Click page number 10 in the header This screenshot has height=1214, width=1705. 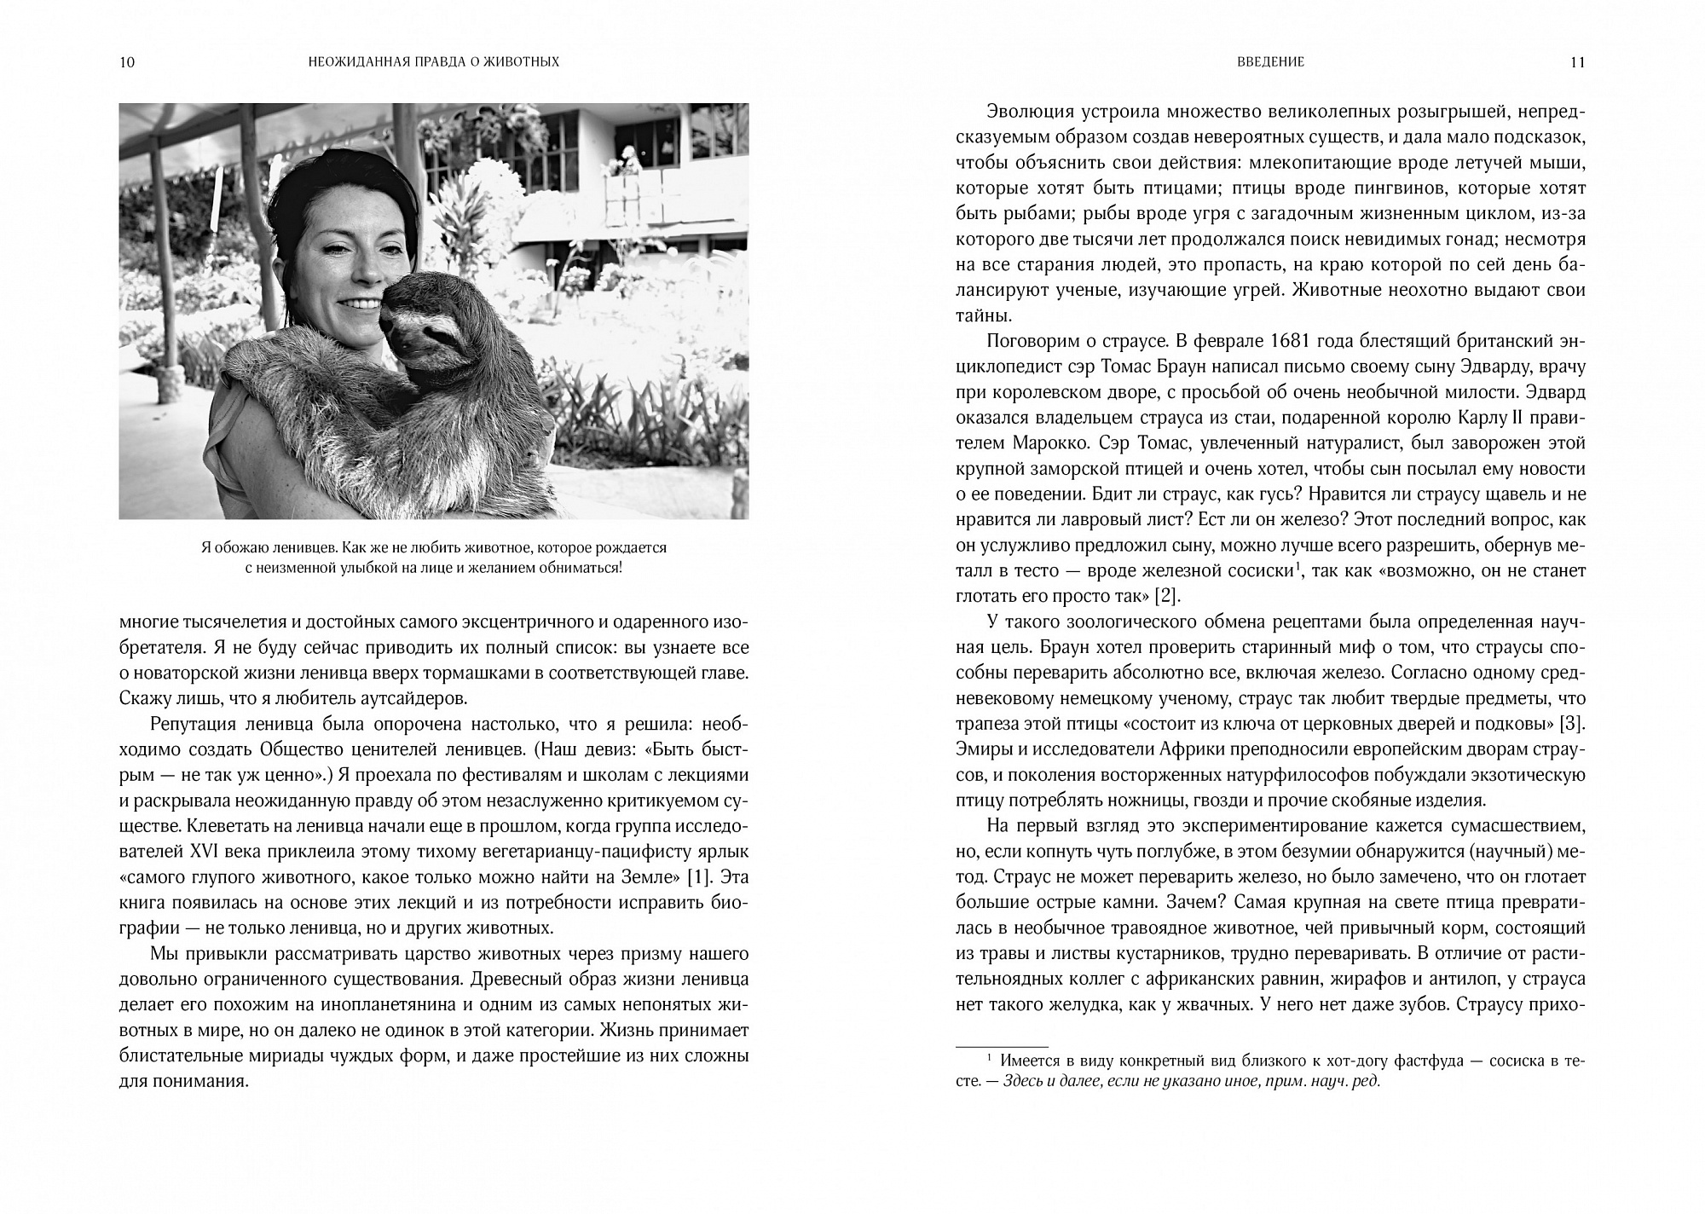[x=128, y=62]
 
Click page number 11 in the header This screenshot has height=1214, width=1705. [x=1576, y=62]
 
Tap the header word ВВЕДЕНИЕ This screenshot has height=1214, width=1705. [x=1269, y=62]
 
